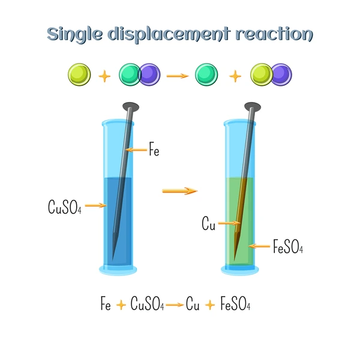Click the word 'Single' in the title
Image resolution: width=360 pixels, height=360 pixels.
(x=74, y=35)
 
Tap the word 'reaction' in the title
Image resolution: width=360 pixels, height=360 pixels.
(x=274, y=34)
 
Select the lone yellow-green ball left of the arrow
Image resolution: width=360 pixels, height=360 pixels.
(x=79, y=74)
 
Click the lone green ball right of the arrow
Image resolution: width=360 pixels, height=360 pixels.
(x=206, y=74)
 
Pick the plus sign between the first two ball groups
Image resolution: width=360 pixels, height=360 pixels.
(x=104, y=76)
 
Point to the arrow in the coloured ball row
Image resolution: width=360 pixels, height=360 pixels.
(x=178, y=76)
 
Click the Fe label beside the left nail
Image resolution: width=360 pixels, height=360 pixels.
(x=154, y=149)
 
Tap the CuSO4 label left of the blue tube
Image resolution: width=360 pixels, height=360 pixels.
(x=65, y=207)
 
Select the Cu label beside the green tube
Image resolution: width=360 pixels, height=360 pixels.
(x=208, y=223)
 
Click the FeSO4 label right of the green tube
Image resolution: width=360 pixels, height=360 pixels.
(x=288, y=247)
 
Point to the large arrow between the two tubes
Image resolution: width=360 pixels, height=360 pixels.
(x=180, y=191)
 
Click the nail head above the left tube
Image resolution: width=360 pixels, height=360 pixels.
(x=131, y=107)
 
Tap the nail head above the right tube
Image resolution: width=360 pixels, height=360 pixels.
(x=253, y=107)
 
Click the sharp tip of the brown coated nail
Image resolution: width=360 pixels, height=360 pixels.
(x=234, y=260)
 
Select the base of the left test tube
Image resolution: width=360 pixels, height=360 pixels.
(x=118, y=270)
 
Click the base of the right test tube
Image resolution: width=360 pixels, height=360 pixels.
(x=240, y=270)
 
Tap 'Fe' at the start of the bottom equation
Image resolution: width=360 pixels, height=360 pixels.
(x=106, y=304)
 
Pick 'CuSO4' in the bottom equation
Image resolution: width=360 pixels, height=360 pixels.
(x=147, y=304)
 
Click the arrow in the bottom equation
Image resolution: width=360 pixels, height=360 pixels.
(x=175, y=305)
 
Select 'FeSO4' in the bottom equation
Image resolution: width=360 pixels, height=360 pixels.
(x=235, y=304)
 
